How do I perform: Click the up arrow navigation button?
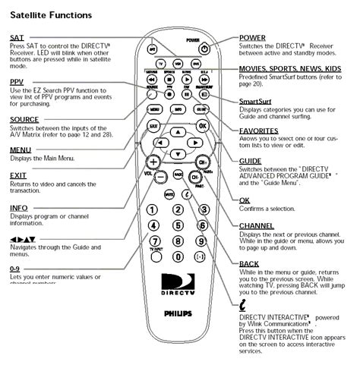(177, 131)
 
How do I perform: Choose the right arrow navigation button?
(194, 143)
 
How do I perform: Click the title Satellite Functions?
(52, 14)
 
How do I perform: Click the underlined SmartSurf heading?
(257, 101)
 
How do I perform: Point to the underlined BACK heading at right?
(249, 263)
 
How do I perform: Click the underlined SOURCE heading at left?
(25, 118)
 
